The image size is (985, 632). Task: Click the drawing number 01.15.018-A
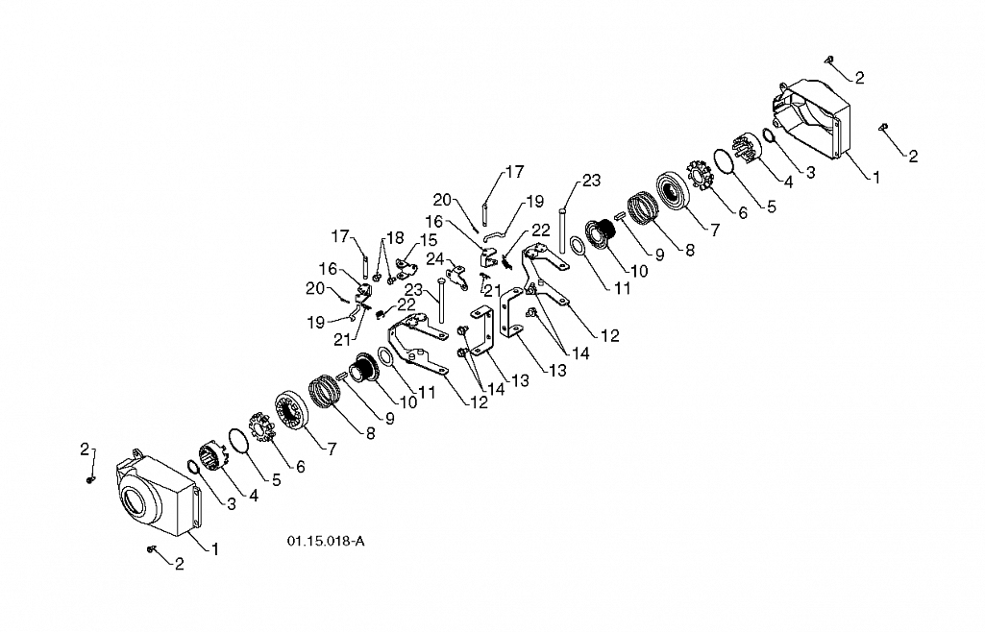pos(326,541)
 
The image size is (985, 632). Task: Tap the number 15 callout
pos(429,240)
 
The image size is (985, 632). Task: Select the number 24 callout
pos(434,258)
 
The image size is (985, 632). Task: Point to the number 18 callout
pos(395,238)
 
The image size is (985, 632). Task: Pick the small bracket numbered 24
pos(456,278)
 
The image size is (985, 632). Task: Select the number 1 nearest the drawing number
pos(215,549)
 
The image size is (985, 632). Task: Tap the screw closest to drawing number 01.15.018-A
pos(151,549)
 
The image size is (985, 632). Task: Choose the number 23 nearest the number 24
pos(413,290)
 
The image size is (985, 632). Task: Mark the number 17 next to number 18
pos(340,236)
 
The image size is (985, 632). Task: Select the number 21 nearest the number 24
pos(492,291)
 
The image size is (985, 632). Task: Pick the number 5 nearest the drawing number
pos(277,480)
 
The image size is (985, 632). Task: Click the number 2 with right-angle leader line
pos(85,449)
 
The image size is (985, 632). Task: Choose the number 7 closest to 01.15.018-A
pos(332,449)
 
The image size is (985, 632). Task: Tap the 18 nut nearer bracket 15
pos(391,280)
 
